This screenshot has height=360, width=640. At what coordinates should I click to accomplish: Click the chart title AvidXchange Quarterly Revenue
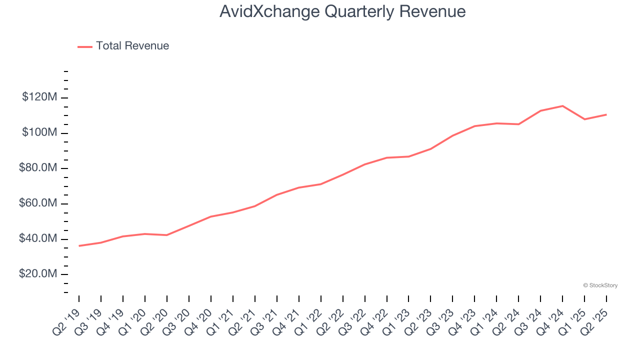342,11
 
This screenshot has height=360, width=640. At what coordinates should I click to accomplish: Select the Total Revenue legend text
132,46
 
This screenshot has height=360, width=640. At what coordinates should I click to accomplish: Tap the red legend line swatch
85,46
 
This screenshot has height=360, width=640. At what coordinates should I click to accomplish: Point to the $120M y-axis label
39,97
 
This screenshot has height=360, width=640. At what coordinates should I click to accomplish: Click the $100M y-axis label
39,132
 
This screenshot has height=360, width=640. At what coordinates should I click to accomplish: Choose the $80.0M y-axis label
38,168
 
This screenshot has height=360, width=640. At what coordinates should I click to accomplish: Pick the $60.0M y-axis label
38,203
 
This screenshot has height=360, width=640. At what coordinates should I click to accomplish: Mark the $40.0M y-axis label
38,239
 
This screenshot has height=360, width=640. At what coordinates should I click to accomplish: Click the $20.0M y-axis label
38,274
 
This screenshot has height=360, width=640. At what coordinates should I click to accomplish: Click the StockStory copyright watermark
600,285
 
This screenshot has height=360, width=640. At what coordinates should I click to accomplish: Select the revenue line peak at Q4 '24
562,106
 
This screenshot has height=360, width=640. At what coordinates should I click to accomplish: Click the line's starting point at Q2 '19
79,246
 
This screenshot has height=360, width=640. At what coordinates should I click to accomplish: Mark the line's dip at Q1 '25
584,119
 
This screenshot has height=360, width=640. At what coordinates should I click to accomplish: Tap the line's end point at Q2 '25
606,114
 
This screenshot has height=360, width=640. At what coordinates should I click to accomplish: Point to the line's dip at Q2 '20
167,235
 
